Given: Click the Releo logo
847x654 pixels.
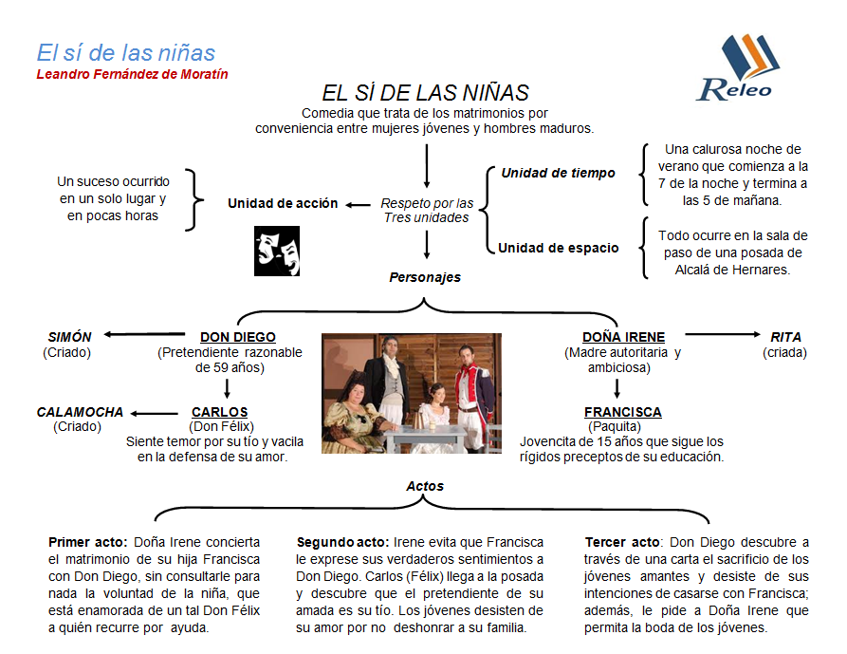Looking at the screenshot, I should (x=736, y=68).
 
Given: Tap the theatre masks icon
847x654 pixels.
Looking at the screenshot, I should (x=276, y=251).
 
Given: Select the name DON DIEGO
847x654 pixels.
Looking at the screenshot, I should (x=238, y=337).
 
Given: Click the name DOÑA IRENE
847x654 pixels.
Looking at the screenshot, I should (x=623, y=337).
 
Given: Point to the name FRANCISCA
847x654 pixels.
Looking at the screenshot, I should (x=622, y=412).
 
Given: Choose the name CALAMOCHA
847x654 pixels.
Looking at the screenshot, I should (x=80, y=412).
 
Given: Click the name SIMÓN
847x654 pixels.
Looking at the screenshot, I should (x=70, y=337).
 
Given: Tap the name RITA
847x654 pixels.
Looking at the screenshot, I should (x=785, y=337).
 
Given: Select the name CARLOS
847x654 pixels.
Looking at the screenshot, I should (x=219, y=412).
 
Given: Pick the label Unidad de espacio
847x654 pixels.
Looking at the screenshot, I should (x=559, y=248).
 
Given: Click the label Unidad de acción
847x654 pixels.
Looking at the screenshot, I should (x=283, y=203).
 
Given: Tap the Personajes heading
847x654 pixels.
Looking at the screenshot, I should (x=425, y=277).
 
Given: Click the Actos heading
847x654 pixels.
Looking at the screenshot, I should (x=425, y=486).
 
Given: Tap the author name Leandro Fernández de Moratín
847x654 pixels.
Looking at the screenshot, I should (x=132, y=74).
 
